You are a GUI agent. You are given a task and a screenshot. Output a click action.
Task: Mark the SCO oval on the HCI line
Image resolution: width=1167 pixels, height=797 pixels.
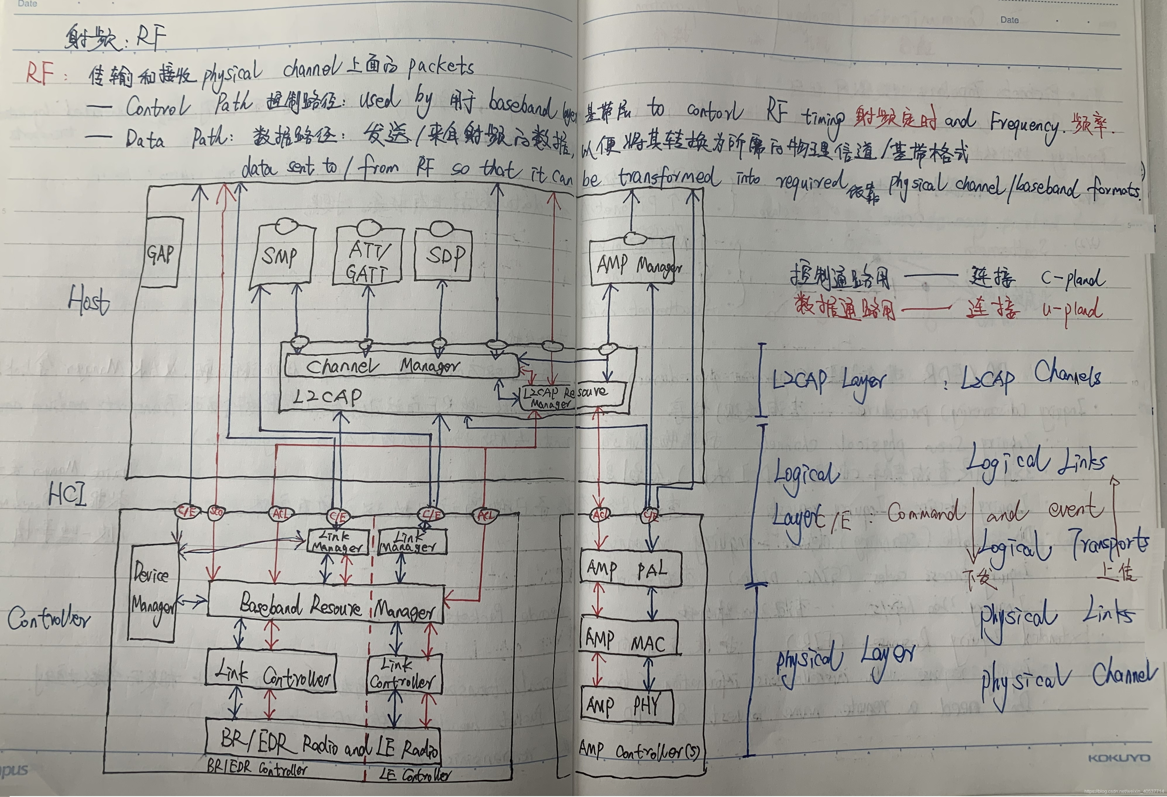point(216,512)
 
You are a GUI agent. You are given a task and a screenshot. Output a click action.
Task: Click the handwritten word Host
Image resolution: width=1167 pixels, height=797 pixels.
point(89,300)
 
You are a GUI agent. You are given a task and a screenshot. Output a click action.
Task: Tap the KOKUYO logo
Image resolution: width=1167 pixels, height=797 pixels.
point(1119,758)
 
